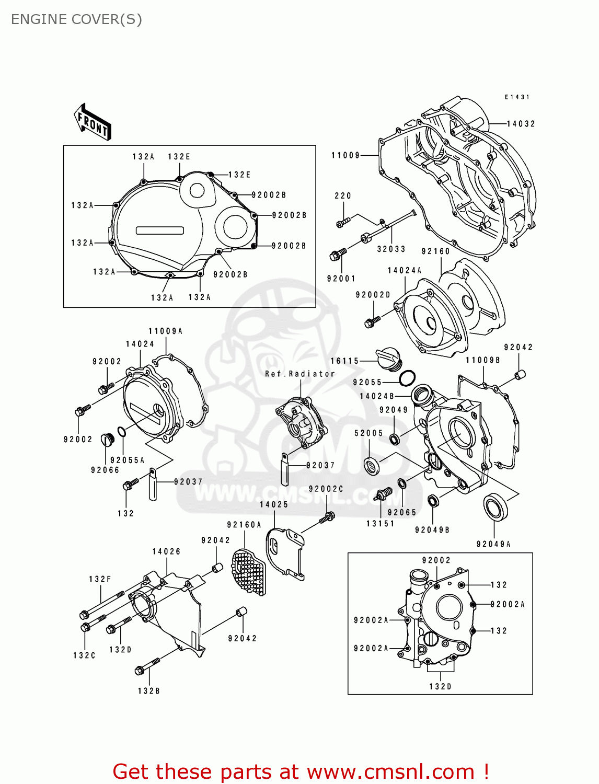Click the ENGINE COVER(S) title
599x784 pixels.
tap(76, 19)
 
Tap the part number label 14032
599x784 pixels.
tap(521, 124)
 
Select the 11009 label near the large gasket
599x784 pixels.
tap(345, 155)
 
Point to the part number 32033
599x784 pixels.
tap(391, 249)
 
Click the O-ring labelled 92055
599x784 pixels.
tap(407, 377)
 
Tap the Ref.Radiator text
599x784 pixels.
tap(299, 374)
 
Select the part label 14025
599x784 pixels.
tap(274, 504)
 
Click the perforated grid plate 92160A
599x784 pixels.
tap(249, 572)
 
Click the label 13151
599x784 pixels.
tap(380, 523)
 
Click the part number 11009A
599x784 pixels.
tap(165, 331)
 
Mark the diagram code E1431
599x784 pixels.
tap(517, 97)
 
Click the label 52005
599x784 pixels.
tap(368, 433)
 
